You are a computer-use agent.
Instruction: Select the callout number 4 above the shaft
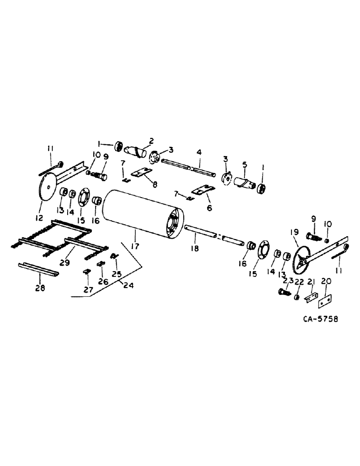(199, 152)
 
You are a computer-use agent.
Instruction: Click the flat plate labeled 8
(142, 173)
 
